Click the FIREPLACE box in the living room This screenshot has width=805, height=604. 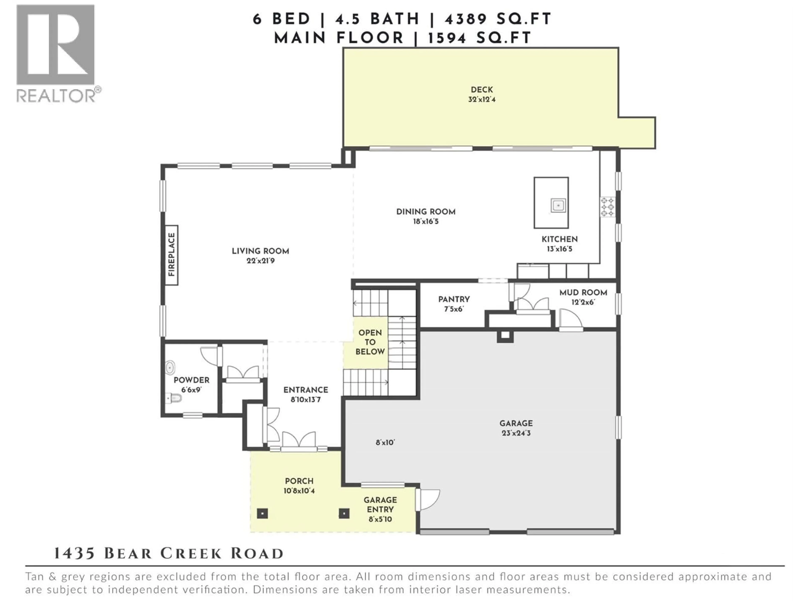click(171, 255)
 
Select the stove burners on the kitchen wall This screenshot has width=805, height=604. click(607, 207)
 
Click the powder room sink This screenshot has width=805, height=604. click(170, 367)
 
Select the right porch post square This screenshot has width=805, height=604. click(344, 513)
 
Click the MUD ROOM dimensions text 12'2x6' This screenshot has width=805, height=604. click(583, 302)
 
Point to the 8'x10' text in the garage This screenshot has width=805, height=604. click(385, 443)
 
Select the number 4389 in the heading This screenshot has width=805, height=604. click(466, 19)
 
